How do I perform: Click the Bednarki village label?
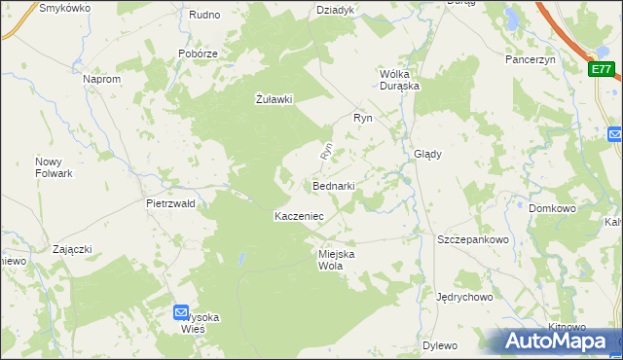333,185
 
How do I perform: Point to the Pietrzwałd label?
170,203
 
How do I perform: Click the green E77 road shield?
602,69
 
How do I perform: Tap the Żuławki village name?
274,98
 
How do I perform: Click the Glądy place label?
428,154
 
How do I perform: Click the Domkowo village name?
552,208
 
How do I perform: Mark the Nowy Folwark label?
55,167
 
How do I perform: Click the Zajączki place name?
72,249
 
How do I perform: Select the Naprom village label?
102,79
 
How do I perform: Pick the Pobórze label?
197,54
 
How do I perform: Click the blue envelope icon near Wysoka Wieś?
181,312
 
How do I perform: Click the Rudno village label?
204,15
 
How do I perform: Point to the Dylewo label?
440,345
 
